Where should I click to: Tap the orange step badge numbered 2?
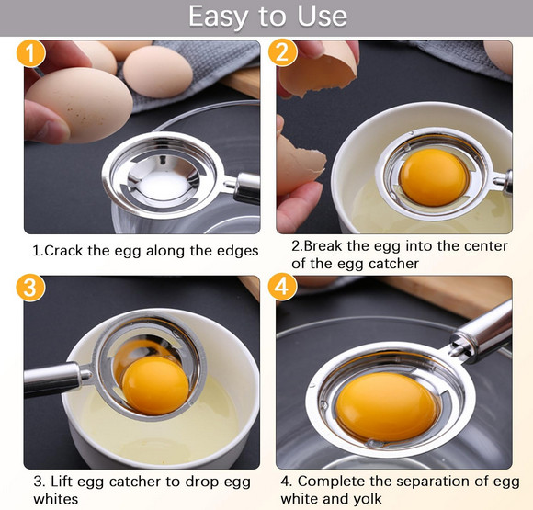point(283,51)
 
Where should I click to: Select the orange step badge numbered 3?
point(30,288)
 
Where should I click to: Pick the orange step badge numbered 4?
point(282,288)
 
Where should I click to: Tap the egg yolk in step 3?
point(155,385)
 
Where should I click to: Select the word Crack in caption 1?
point(66,250)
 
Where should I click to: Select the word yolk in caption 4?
point(365,499)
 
